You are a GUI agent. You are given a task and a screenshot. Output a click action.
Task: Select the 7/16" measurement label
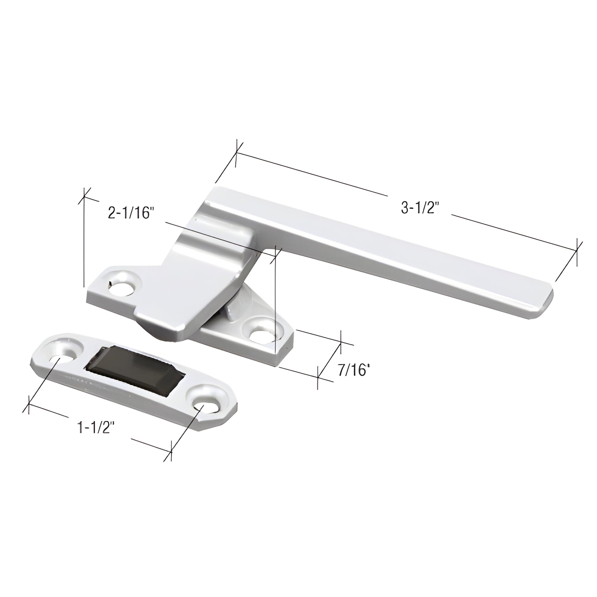click(x=353, y=370)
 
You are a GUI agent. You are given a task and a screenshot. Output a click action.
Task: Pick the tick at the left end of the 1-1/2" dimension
click(x=29, y=404)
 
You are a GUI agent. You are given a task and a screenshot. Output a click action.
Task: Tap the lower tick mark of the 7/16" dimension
click(x=318, y=376)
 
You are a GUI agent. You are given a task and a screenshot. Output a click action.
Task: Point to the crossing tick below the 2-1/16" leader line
click(x=275, y=255)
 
